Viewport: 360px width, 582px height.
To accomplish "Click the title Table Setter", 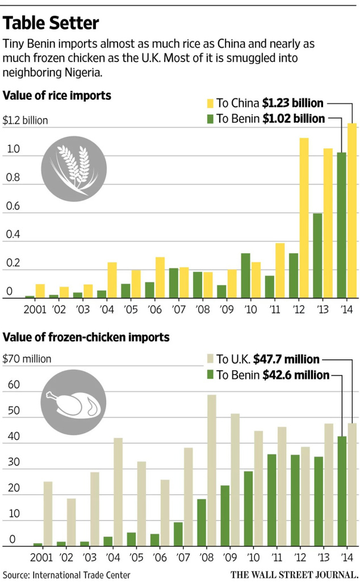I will (x=51, y=23).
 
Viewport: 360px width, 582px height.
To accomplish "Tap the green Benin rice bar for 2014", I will (x=342, y=225).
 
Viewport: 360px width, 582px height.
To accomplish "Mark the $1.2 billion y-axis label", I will (x=26, y=121).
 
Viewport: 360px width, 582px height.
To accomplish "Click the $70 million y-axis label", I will (x=27, y=359).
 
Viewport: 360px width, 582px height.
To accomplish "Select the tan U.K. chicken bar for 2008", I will (x=211, y=470).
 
